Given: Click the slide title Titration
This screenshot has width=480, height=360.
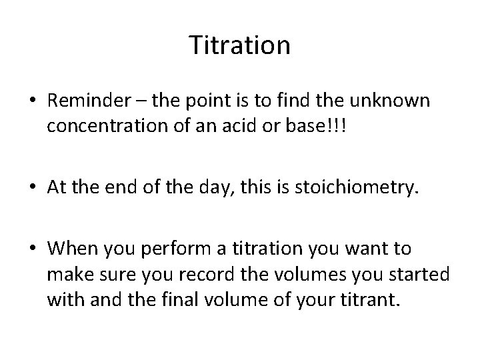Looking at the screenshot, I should (240, 46).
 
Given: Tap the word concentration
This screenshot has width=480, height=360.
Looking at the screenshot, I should (110, 127).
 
